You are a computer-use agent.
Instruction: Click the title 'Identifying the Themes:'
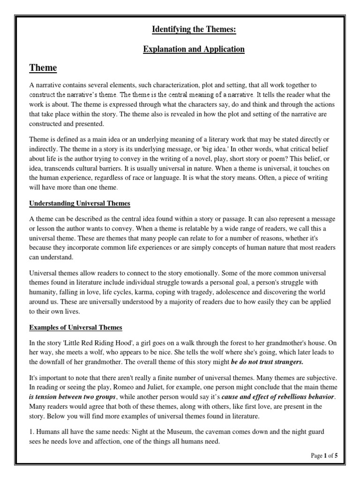pyautogui.click(x=194, y=30)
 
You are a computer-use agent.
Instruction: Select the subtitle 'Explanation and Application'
pyautogui.click(x=194, y=49)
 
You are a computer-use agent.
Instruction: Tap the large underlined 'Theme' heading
pyautogui.click(x=43, y=68)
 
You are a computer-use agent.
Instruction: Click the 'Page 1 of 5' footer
pyautogui.click(x=324, y=455)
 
